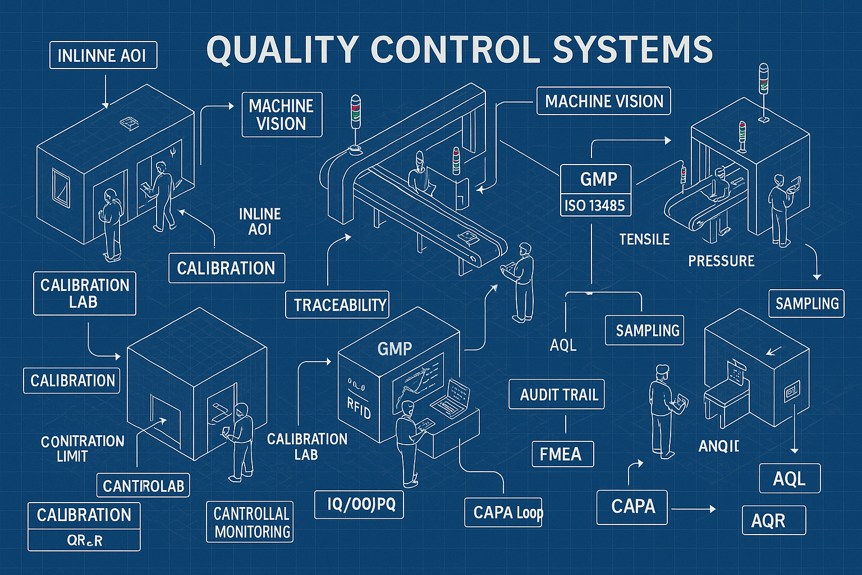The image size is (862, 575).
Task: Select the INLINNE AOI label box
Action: pos(103,55)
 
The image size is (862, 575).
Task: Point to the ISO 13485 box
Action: pos(595,206)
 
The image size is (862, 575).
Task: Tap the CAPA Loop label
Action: pos(504,512)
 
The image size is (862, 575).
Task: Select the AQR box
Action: pos(774,521)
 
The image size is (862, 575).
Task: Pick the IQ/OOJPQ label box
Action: pos(359,504)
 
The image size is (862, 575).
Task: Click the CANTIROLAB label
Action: pos(143,486)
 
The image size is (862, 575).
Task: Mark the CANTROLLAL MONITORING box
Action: pos(250,522)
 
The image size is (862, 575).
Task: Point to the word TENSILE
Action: pos(644,240)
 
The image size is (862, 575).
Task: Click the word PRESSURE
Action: pos(721,261)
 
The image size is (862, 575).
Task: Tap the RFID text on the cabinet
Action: pos(359,408)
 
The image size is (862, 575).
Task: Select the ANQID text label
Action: pos(718,446)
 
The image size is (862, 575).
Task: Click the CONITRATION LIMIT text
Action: pos(82,449)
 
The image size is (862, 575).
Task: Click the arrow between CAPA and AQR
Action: pos(694,509)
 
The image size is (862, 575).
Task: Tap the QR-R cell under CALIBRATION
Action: pos(84,541)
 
